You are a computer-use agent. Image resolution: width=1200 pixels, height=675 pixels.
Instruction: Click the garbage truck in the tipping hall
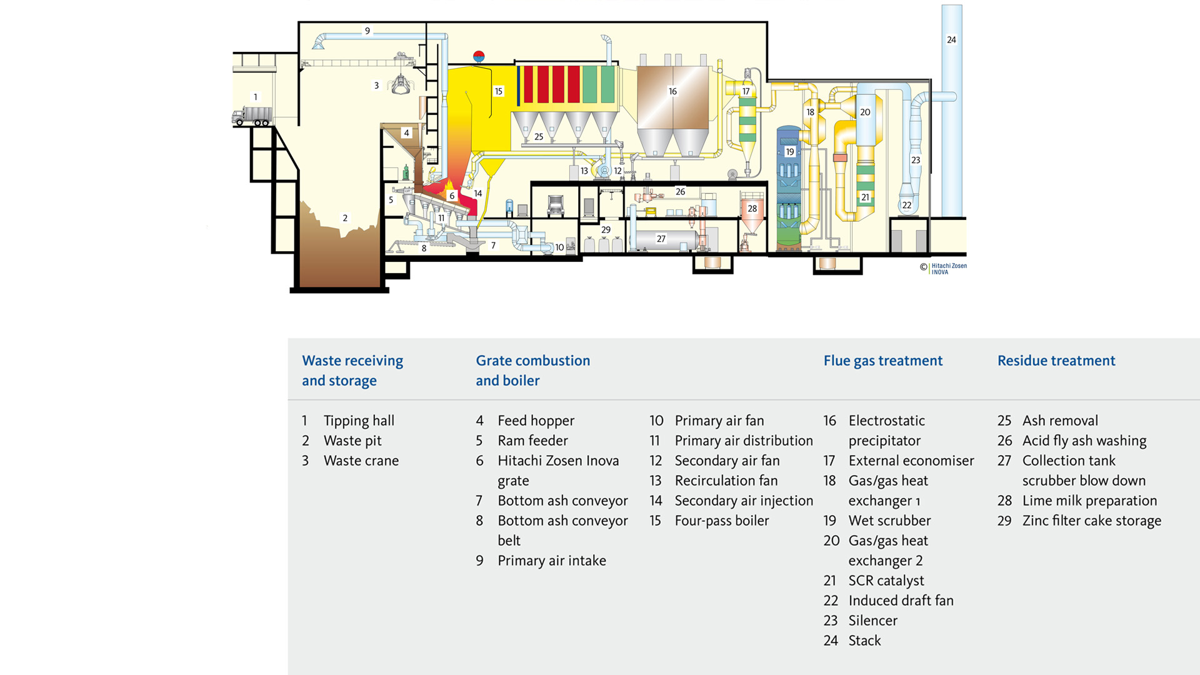(x=252, y=116)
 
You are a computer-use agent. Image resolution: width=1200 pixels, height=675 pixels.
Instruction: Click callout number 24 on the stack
(x=951, y=39)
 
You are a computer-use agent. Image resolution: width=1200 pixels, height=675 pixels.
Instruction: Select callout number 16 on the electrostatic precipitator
(x=672, y=91)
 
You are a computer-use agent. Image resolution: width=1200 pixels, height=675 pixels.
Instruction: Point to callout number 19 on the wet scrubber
(x=790, y=152)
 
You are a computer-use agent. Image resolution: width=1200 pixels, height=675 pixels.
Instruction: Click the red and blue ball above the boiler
(x=479, y=56)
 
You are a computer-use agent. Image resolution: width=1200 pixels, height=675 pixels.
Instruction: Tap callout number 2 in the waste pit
(x=345, y=218)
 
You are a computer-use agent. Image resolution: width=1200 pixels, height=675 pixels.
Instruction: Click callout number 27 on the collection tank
(x=661, y=239)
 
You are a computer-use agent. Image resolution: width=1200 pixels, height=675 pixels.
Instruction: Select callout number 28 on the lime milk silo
(x=752, y=209)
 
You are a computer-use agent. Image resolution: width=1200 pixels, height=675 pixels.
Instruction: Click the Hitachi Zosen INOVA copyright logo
(x=943, y=268)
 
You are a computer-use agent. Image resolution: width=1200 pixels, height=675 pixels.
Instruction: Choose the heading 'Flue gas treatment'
(x=883, y=361)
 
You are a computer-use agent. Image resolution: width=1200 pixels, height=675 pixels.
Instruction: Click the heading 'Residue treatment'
(x=1056, y=361)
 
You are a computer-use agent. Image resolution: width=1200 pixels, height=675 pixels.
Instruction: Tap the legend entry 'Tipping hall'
(x=359, y=421)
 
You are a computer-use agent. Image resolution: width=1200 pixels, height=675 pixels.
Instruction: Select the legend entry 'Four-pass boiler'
(x=722, y=521)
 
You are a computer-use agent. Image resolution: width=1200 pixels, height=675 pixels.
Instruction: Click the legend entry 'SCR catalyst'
(x=886, y=581)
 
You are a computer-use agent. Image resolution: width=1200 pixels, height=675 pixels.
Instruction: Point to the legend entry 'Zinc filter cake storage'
(x=1092, y=521)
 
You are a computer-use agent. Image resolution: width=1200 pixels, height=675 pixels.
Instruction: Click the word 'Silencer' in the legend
(x=873, y=621)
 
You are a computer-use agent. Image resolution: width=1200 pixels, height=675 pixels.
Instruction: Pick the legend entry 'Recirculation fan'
(x=726, y=481)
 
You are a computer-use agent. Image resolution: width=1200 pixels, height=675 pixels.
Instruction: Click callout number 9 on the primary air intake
(x=367, y=31)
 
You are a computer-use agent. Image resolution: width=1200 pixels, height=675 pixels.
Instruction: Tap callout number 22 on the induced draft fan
(x=907, y=205)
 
